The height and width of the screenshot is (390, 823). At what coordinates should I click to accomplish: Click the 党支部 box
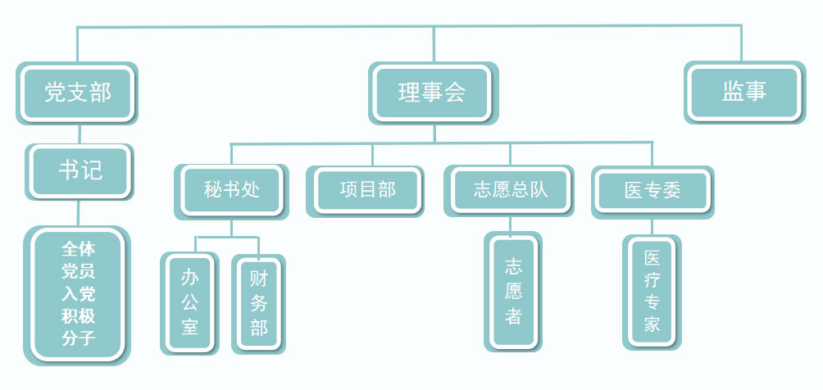pos(78,93)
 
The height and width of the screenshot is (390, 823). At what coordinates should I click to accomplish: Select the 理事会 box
pos(432,93)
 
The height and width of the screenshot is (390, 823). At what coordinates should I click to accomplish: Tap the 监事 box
pos(744,92)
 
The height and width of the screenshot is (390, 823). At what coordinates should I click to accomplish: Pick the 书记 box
pos(80,170)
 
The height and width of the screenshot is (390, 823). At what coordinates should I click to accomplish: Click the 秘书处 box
pos(232,191)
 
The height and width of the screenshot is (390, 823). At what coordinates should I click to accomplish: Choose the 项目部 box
pos(366,191)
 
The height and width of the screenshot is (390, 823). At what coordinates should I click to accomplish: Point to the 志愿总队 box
pos(510,191)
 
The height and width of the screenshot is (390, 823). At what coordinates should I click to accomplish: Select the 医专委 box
pos(652,191)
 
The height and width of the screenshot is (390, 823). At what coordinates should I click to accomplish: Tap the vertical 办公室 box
pos(189,302)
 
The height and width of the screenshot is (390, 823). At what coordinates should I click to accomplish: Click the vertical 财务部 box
pos(259,303)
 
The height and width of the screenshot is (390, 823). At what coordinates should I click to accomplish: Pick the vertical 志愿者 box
pos(513,291)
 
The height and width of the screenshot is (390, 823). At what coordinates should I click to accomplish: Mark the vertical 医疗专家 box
pos(652,291)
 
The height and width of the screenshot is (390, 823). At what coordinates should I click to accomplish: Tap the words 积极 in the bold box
pos(78,316)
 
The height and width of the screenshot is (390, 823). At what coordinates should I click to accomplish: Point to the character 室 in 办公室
pos(189,328)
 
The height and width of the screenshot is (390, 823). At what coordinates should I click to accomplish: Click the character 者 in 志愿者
pos(513,316)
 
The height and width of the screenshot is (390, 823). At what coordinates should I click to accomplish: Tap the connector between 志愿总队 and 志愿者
pos(510,224)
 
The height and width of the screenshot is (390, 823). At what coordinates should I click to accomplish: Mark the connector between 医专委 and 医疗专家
pos(652,226)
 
